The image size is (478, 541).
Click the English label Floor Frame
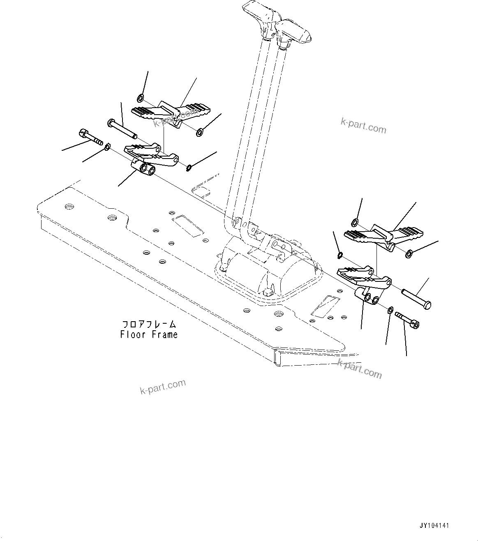(x=149, y=334)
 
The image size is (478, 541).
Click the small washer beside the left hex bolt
(x=107, y=146)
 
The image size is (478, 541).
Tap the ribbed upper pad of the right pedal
(x=384, y=236)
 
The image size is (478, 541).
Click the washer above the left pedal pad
(x=140, y=98)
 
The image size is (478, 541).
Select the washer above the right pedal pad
(x=354, y=223)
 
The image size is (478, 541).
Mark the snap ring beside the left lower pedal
(x=189, y=167)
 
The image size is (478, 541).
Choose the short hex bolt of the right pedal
(x=407, y=320)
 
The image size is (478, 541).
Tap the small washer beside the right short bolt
(x=390, y=309)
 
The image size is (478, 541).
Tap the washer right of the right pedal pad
(x=409, y=254)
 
